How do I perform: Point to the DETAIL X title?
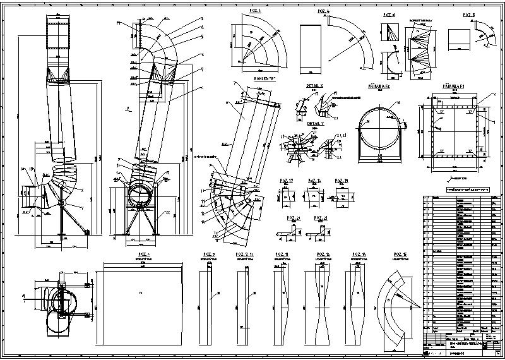pos(314,85)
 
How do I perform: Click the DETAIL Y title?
pos(315,124)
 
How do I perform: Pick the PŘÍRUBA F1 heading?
pos(453,85)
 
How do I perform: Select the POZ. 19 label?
pos(342,181)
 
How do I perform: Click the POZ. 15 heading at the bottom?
pos(401,255)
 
